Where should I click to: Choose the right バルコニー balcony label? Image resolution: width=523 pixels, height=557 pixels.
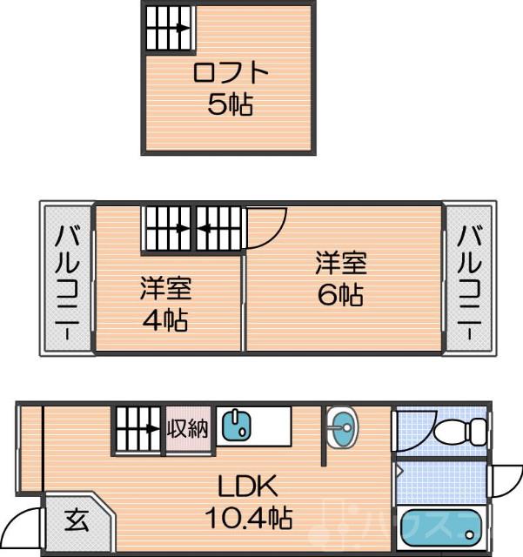pyautogui.click(x=469, y=278)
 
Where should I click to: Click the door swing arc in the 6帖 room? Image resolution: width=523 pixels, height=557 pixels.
pyautogui.click(x=268, y=225)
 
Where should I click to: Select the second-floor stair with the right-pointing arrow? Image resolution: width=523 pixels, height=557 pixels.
pyautogui.click(x=167, y=229)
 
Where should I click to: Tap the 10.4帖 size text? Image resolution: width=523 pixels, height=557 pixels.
pyautogui.click(x=247, y=520)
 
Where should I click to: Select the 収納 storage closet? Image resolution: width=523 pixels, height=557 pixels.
pyautogui.click(x=189, y=428)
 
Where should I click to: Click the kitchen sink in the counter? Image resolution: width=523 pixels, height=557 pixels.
pyautogui.click(x=236, y=426)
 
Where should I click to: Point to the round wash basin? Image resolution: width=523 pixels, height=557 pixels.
pyautogui.click(x=343, y=426)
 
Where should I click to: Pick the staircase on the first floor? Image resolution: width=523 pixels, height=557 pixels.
pyautogui.click(x=137, y=428)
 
